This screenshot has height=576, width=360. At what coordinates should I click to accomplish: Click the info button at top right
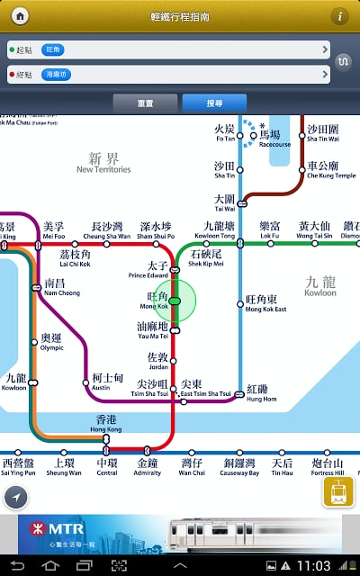[x=340, y=16]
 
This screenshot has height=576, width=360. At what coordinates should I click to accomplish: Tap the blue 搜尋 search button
[x=214, y=103]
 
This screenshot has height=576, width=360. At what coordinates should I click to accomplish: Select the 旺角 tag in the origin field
[x=53, y=50]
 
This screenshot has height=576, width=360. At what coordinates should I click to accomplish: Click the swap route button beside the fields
[x=343, y=62]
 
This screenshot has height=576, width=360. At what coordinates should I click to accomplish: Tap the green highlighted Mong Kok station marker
[x=175, y=301]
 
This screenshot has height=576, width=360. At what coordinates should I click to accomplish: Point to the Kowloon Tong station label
[x=220, y=230]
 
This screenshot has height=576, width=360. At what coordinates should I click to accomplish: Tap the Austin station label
[x=107, y=382]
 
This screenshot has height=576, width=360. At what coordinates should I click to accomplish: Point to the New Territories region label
[x=103, y=163]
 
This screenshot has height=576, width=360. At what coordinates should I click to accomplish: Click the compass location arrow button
[x=15, y=497]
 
